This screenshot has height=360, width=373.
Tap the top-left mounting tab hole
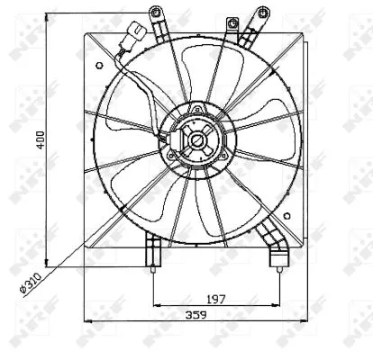155,12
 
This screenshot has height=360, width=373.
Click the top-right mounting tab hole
263,12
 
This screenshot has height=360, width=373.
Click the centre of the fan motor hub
195,140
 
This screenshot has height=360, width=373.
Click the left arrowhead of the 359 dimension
86,321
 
